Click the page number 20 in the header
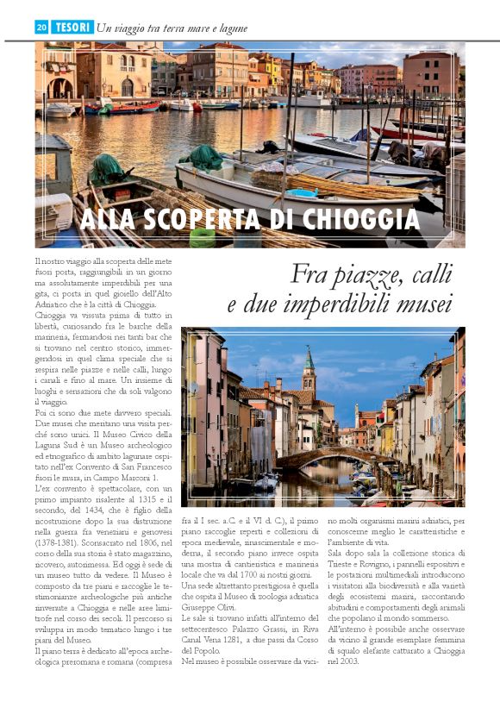41,28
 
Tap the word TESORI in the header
72,28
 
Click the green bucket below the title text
203,238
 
